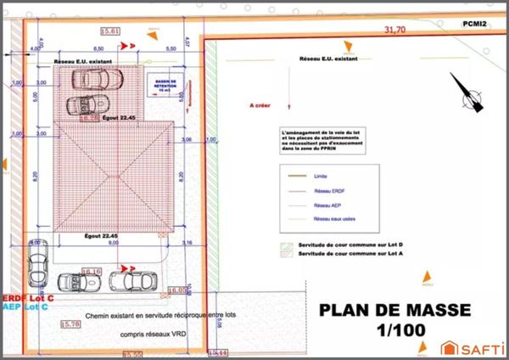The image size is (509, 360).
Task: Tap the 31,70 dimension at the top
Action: click(395, 29)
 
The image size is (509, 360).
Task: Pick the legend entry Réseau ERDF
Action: click(328, 191)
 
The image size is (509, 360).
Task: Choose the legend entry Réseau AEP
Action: click(327, 205)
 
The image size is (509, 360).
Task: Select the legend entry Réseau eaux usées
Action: click(333, 218)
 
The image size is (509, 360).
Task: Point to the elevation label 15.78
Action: click(72, 324)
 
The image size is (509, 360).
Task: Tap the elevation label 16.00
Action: click(176, 290)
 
